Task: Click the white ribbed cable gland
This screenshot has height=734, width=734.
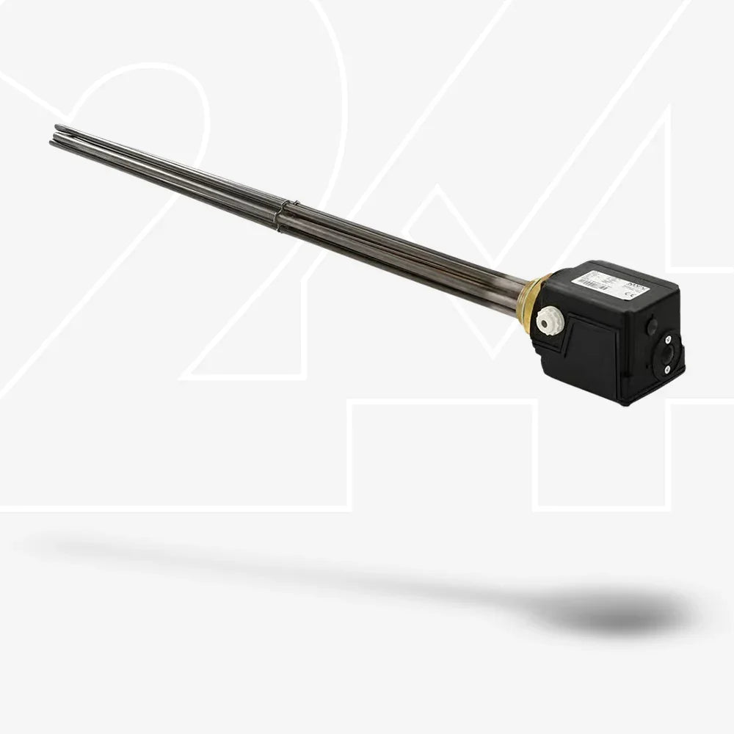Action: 546,321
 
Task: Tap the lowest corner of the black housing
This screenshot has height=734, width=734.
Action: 624,403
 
